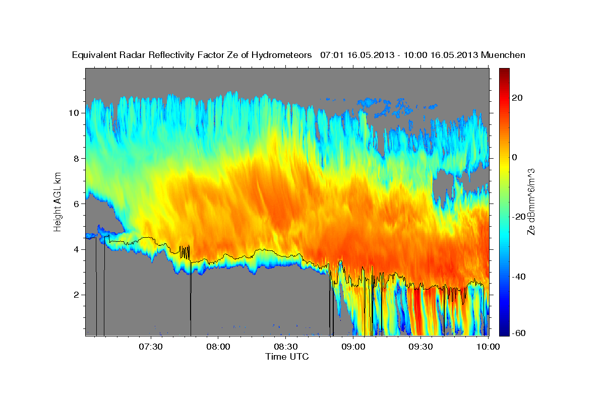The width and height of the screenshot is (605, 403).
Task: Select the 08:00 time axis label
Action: tap(218, 347)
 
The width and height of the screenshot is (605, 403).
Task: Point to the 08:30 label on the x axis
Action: tap(286, 347)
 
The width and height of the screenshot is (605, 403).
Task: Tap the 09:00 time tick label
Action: tap(353, 347)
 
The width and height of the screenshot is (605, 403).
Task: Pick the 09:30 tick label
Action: tap(420, 347)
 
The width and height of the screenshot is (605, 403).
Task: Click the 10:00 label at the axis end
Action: tap(488, 347)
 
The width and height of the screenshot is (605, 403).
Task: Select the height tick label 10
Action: tap(73, 113)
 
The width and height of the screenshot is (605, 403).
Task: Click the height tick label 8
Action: tap(76, 158)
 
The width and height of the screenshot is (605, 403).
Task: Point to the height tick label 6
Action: tap(76, 204)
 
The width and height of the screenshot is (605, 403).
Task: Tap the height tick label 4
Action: tap(76, 249)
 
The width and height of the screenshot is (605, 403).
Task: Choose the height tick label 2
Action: tap(76, 295)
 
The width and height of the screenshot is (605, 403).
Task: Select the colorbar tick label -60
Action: tap(519, 333)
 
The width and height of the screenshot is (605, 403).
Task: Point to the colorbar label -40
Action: tap(519, 277)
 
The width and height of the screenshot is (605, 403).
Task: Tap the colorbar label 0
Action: tap(515, 157)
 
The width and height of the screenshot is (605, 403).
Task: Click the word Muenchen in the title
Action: tap(504, 55)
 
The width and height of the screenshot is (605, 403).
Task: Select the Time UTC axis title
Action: tap(287, 357)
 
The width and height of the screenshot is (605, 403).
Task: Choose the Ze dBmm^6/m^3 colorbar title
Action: tap(531, 201)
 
